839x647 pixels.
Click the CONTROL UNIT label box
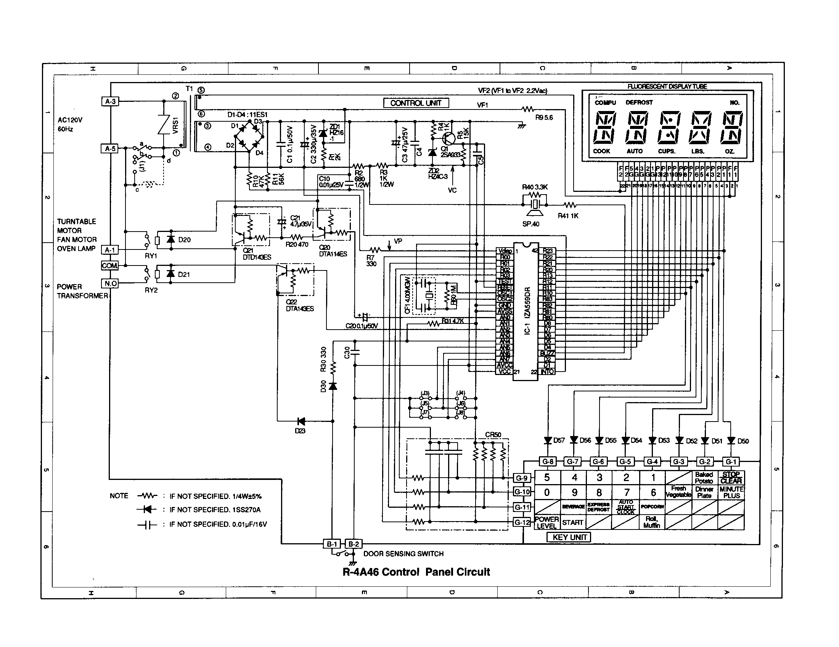[416, 103]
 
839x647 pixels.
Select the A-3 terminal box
[110, 101]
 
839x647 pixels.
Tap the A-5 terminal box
[110, 148]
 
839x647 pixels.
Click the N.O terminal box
[110, 283]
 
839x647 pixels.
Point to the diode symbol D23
[301, 422]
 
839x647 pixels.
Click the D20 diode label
[185, 240]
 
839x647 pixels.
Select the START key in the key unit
[573, 523]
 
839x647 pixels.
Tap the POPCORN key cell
[652, 506]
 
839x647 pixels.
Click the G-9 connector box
[522, 478]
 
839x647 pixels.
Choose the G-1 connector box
[731, 462]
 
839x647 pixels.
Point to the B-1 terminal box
[332, 544]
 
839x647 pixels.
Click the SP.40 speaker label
[530, 224]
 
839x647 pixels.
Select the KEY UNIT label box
[569, 537]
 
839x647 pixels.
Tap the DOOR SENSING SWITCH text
[403, 554]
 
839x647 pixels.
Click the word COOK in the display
[601, 151]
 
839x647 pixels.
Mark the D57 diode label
[559, 440]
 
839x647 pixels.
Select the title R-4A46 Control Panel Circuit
[416, 572]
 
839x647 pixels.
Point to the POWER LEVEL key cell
[546, 523]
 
